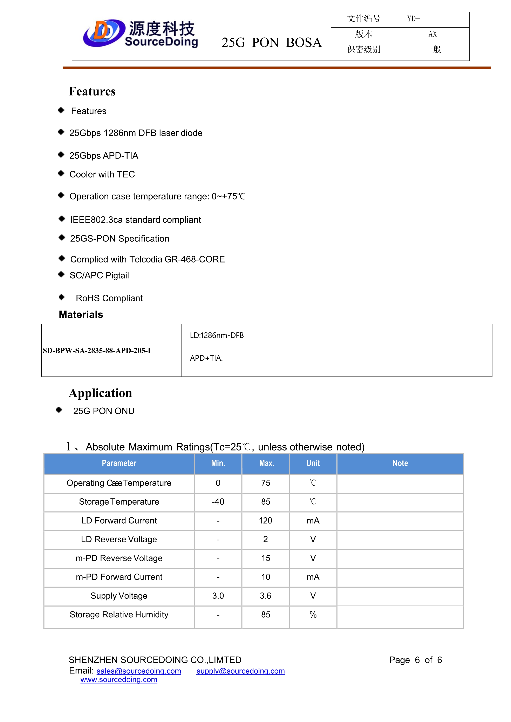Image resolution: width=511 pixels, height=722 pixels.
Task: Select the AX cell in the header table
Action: [432, 34]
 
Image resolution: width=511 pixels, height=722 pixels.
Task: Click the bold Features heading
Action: [92, 91]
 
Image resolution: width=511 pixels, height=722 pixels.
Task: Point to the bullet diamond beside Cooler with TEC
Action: [61, 173]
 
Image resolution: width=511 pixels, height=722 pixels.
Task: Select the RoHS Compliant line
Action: [109, 298]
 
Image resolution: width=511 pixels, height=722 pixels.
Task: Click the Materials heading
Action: [81, 314]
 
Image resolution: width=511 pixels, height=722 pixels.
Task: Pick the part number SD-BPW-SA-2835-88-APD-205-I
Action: [97, 350]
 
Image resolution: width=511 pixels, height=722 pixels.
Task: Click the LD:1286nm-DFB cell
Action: [217, 336]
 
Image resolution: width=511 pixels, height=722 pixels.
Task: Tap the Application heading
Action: [100, 393]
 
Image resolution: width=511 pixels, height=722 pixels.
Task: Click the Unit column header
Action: [313, 463]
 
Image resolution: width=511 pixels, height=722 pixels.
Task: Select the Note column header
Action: [400, 463]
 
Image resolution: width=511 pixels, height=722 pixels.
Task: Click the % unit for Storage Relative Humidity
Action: [313, 615]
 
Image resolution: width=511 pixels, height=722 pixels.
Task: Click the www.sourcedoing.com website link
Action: [119, 680]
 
